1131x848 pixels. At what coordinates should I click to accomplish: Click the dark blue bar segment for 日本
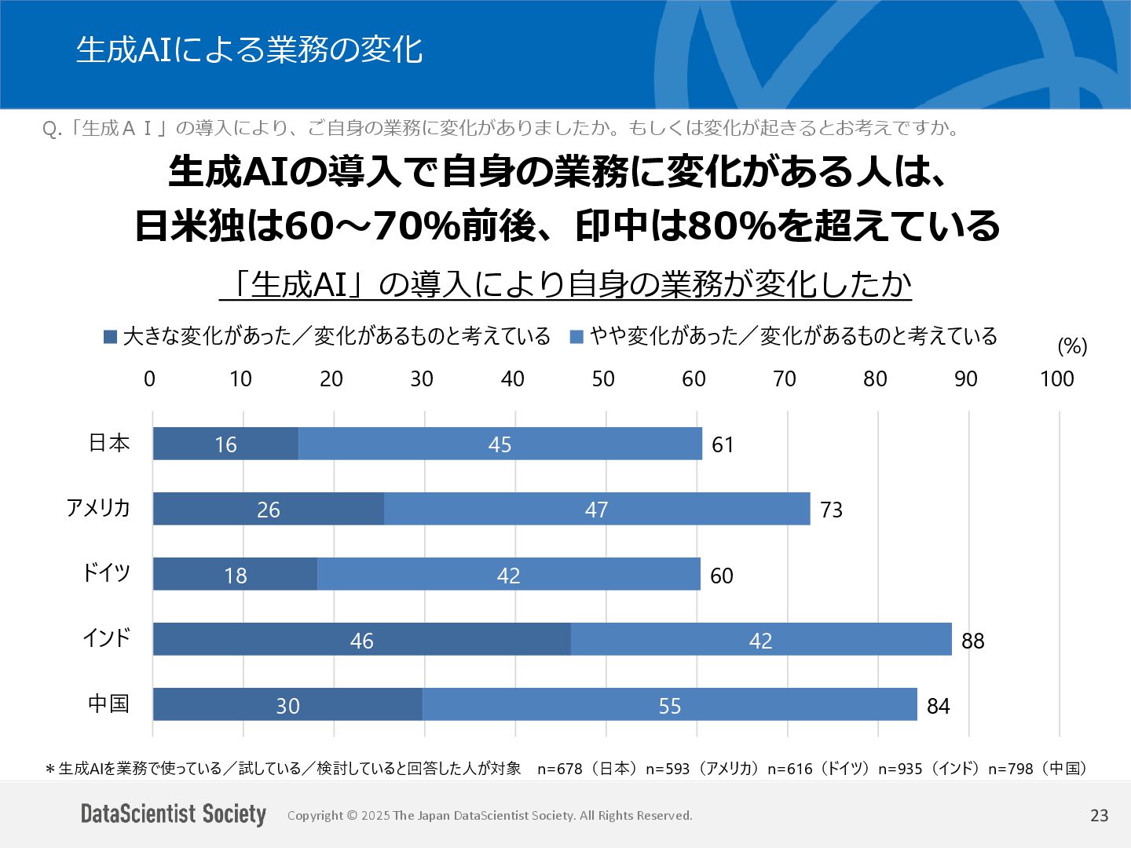pyautogui.click(x=225, y=444)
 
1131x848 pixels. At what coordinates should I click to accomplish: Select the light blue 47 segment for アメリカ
pyautogui.click(x=597, y=509)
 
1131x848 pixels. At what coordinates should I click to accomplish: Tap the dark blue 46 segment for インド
pyautogui.click(x=361, y=639)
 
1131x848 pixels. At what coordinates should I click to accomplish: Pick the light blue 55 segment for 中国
pyautogui.click(x=669, y=704)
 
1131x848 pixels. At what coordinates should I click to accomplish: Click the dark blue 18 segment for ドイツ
pyautogui.click(x=235, y=574)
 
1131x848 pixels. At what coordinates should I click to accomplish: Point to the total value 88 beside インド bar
pyautogui.click(x=972, y=641)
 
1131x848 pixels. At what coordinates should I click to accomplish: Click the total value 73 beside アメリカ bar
pyautogui.click(x=831, y=510)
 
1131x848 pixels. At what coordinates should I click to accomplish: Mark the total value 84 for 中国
pyautogui.click(x=938, y=706)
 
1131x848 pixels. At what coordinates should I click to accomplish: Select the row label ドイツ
pyautogui.click(x=106, y=572)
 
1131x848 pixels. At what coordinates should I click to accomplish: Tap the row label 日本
pyautogui.click(x=108, y=443)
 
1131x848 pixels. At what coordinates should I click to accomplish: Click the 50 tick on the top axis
pyautogui.click(x=603, y=379)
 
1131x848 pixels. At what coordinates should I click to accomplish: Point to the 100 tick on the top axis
pyautogui.click(x=1056, y=379)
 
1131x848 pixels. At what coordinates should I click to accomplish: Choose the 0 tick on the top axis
pyautogui.click(x=149, y=379)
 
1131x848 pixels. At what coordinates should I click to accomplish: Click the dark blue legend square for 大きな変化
pyautogui.click(x=111, y=337)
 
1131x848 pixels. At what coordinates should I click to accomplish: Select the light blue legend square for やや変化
pyautogui.click(x=576, y=337)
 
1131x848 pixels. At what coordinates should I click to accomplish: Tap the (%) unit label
pyautogui.click(x=1072, y=346)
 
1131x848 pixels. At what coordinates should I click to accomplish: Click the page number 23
pyautogui.click(x=1099, y=815)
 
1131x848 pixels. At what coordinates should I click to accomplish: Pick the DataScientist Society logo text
pyautogui.click(x=174, y=814)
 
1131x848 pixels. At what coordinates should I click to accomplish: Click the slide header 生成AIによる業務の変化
pyautogui.click(x=249, y=49)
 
